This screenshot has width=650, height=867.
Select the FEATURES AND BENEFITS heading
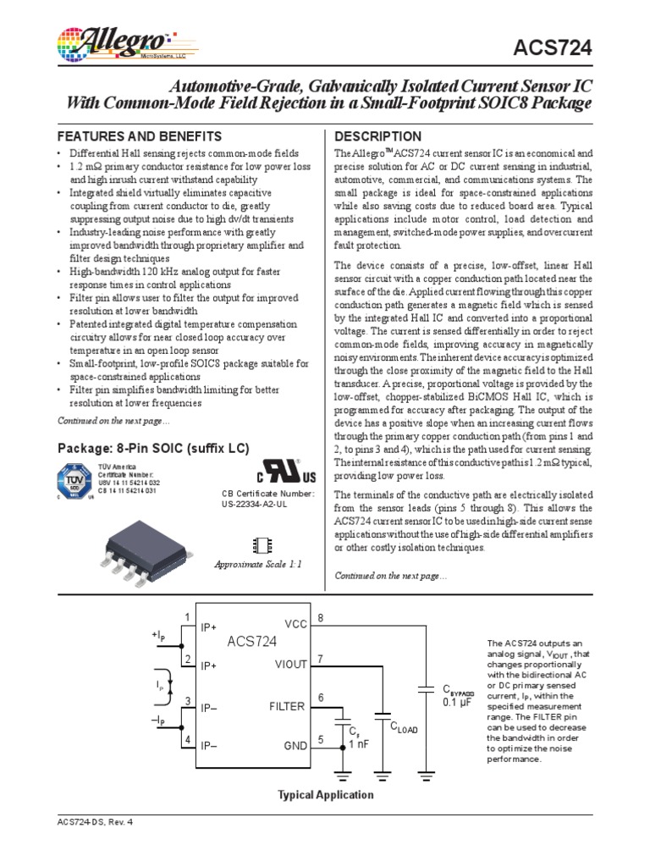139,136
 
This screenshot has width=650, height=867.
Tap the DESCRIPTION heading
378,136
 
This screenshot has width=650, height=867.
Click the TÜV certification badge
75,482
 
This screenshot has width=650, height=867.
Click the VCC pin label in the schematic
295,624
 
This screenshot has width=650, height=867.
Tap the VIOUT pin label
290,665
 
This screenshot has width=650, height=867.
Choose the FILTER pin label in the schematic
288,705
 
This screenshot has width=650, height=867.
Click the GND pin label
295,747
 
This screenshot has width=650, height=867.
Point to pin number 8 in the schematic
321,619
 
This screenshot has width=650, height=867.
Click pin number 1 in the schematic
187,616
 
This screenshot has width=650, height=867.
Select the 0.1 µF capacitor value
457,703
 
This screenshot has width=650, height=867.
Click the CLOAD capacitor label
404,726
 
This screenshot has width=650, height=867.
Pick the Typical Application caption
326,795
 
